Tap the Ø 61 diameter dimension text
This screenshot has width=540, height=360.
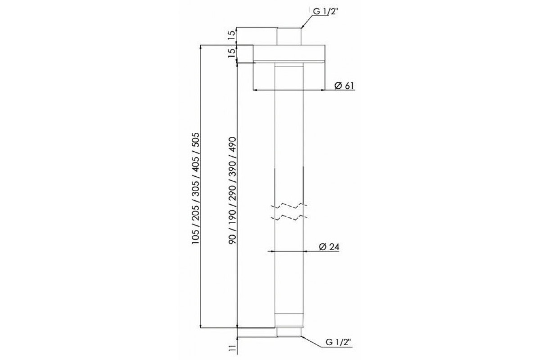345,85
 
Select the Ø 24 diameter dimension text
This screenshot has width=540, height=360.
329,247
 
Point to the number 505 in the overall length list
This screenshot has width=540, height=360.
195,140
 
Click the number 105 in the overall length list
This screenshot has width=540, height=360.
195,236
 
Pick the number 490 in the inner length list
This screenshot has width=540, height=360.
233,144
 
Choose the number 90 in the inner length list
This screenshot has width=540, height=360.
233,238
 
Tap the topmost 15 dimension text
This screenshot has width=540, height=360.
231,35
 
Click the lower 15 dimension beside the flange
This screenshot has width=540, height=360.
231,53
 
